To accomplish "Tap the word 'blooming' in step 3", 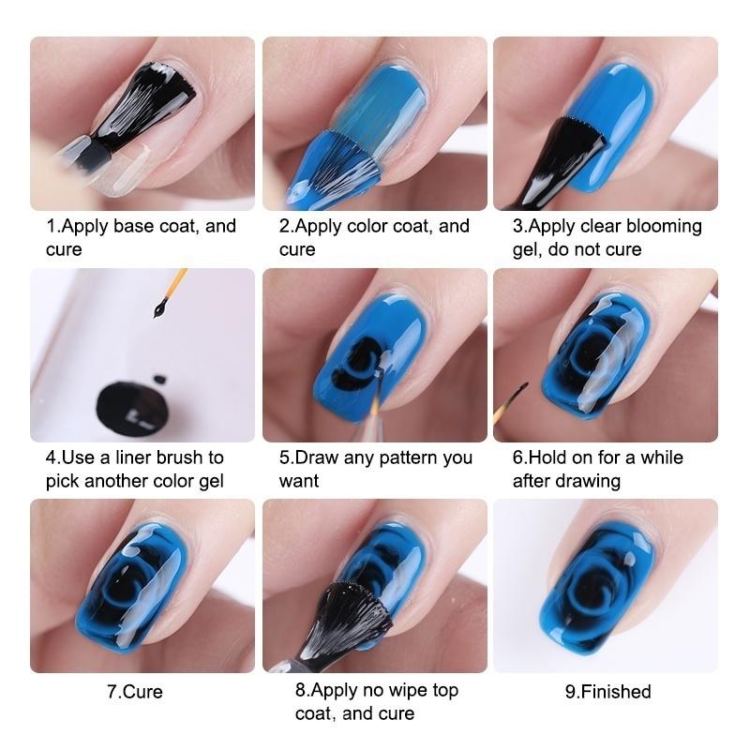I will pyautogui.click(x=663, y=226).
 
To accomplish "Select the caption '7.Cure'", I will pyautogui.click(x=135, y=692).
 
